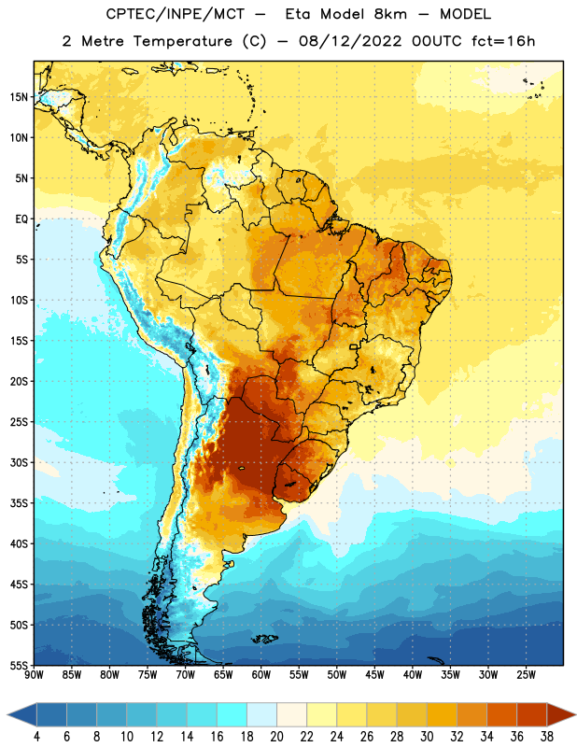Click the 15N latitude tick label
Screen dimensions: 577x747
pos(19,97)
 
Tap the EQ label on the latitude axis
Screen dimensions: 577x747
pos(21,219)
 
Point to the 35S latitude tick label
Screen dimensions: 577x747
pos(19,503)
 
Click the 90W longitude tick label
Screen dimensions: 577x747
pos(34,675)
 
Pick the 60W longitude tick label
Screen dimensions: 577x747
pos(261,675)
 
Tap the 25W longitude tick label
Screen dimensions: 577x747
pos(526,675)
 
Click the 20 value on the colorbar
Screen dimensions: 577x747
pos(276,737)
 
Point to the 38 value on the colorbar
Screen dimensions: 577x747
pos(547,737)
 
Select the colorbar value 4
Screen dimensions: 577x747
pos(36,737)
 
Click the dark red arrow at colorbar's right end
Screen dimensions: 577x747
pos(561,714)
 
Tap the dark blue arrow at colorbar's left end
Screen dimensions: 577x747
pos(22,714)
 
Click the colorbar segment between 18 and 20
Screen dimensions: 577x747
pos(262,714)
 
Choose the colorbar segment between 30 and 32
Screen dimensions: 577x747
pos(443,714)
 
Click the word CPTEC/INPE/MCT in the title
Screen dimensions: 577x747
pos(176,14)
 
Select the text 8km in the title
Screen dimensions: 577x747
pos(390,14)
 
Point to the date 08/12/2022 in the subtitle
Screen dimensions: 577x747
pos(350,41)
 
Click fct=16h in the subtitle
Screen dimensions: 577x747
pos(503,41)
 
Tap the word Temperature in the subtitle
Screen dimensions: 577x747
pos(182,41)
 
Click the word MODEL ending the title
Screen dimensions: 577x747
pos(465,14)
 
